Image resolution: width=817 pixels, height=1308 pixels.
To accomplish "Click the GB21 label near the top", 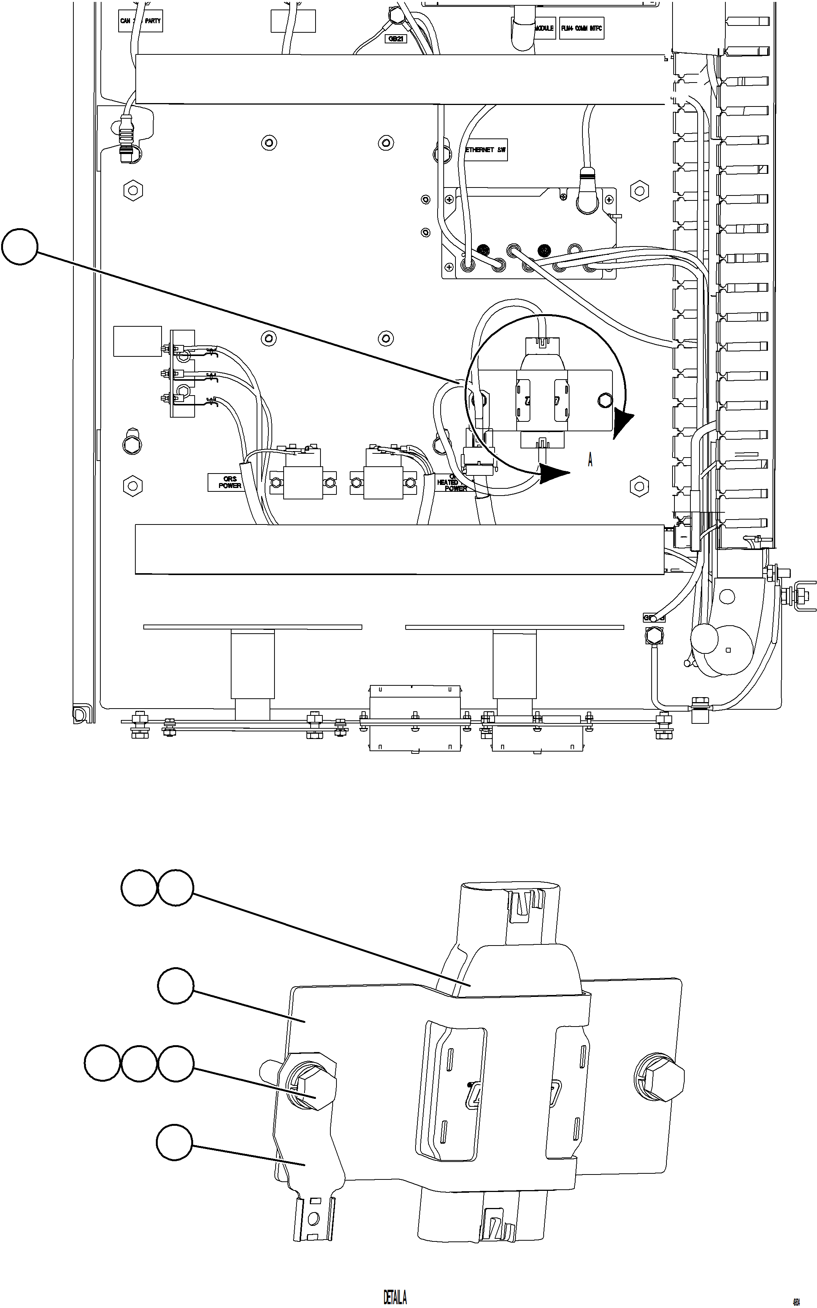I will click(x=395, y=39).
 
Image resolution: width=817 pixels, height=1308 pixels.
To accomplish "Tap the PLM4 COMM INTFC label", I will click(x=581, y=28).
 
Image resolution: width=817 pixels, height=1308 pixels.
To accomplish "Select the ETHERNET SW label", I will click(x=485, y=150).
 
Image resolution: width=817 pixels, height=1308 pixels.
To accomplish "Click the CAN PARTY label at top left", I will click(x=140, y=21).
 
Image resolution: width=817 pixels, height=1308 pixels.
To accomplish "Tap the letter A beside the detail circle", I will click(x=590, y=460).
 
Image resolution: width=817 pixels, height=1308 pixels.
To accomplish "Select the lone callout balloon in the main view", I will click(x=20, y=247).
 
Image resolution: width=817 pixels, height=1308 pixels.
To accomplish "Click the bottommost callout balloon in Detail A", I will click(x=174, y=1142).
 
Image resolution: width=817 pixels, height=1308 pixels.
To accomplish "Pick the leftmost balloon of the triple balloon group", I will click(x=102, y=1063).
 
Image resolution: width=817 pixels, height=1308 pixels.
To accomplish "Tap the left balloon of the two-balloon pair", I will click(x=139, y=887).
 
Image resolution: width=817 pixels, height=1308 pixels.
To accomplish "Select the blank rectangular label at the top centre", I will click(x=293, y=21).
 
